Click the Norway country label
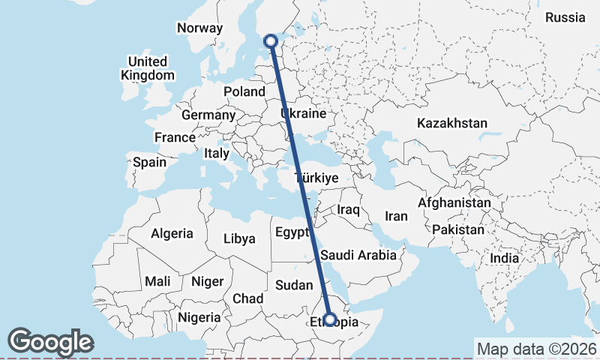point(200,28)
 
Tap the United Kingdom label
point(147,68)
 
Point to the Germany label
point(208,115)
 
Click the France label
point(175,138)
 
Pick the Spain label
point(150,162)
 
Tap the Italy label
point(217,153)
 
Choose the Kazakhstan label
point(453,123)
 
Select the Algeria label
point(172,234)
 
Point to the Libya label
point(240,239)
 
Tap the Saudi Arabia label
point(358,256)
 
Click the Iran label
point(396,216)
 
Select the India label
point(505,259)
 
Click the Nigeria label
point(198,317)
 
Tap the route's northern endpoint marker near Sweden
point(271,42)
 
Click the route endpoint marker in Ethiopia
point(329,320)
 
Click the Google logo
point(50,342)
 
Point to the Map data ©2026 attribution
point(536,349)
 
